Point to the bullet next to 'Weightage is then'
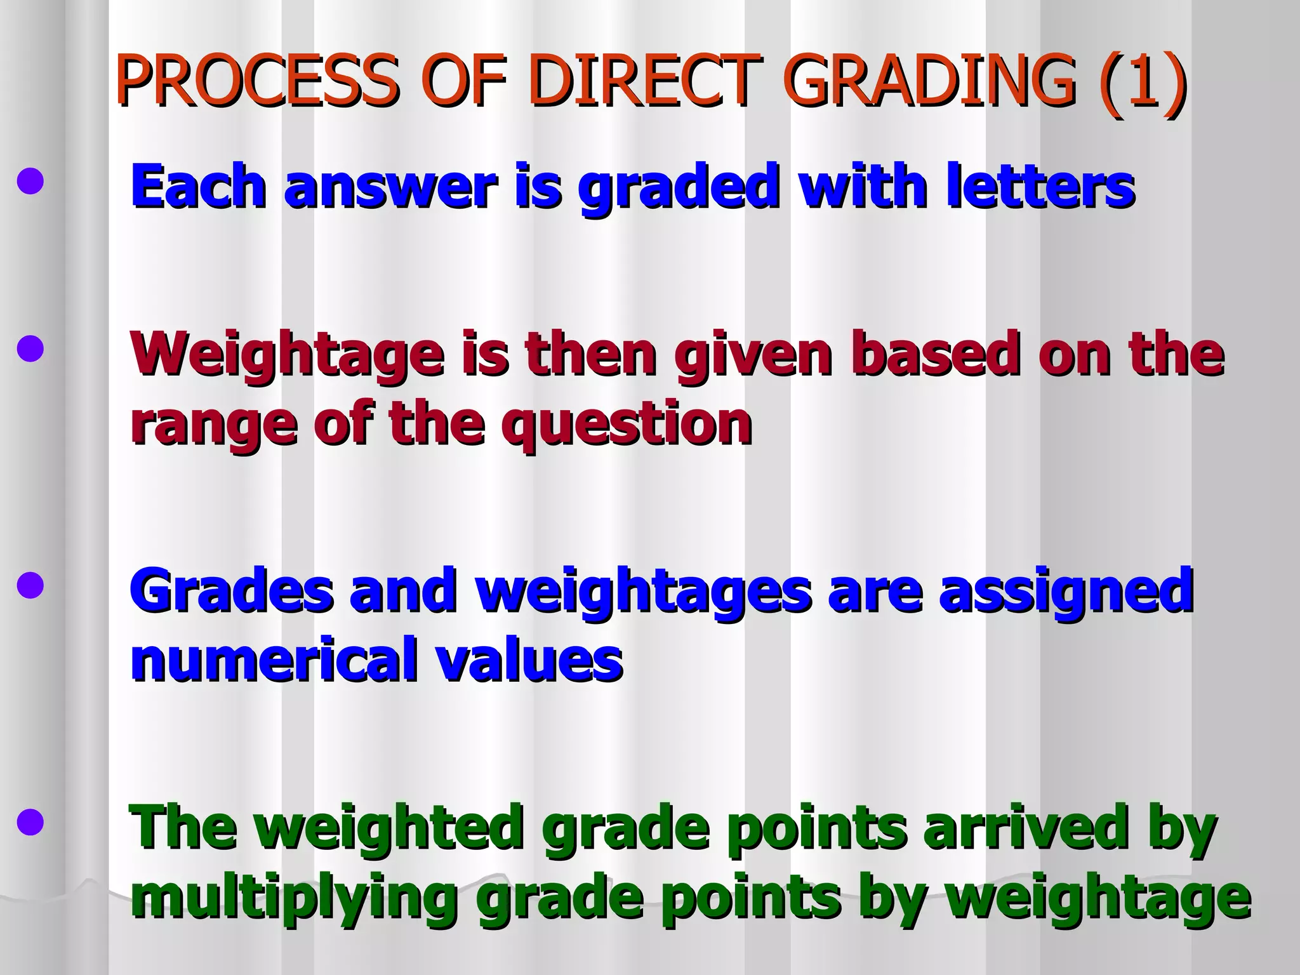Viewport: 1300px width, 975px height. (x=30, y=350)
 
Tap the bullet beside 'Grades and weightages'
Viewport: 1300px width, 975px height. (x=30, y=586)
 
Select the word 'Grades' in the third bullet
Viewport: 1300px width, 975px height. (x=231, y=591)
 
